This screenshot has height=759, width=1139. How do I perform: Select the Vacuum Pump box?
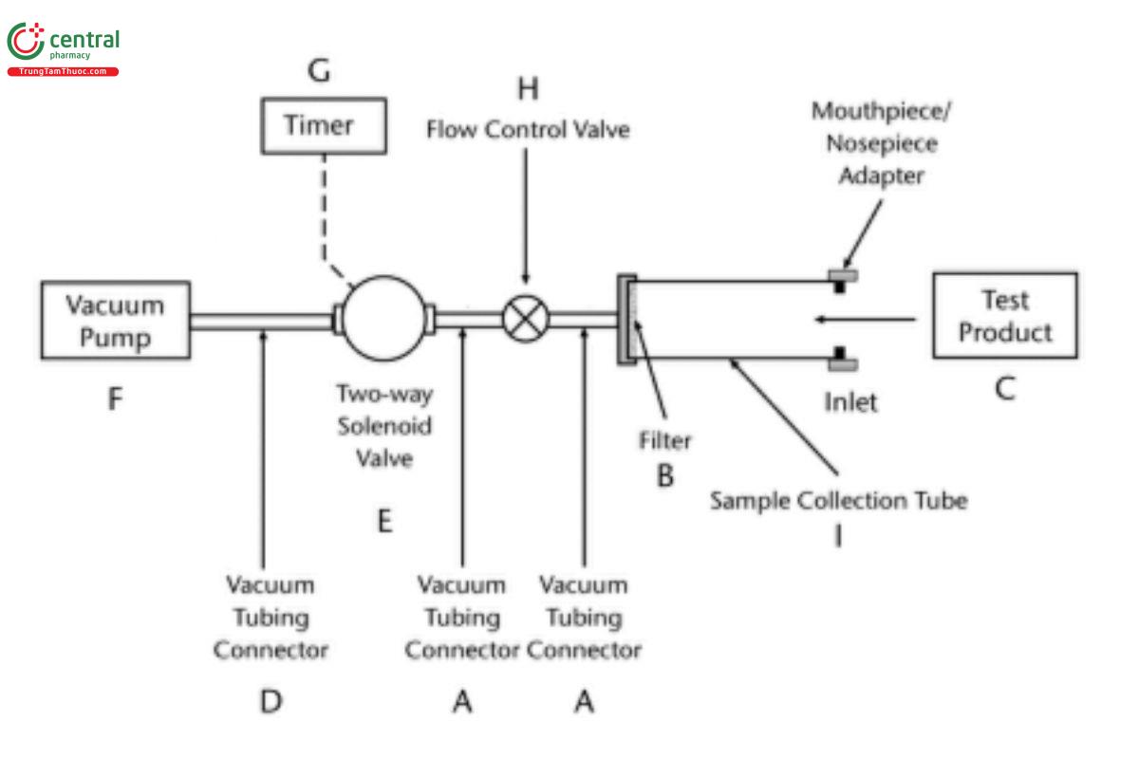[115, 321]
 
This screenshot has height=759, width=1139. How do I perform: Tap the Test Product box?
[1005, 316]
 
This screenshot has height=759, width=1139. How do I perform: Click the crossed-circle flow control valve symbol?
[522, 320]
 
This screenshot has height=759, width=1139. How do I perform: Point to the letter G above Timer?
[320, 72]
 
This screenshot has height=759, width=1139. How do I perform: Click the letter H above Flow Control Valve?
[528, 89]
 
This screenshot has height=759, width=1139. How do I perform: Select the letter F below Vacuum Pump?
[115, 399]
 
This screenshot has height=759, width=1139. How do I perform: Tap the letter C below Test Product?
[1004, 389]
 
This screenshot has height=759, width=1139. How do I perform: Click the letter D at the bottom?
[271, 702]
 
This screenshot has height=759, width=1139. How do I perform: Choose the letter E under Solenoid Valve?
[384, 521]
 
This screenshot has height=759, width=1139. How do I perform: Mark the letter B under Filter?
[665, 475]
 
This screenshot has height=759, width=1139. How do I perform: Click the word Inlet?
[850, 402]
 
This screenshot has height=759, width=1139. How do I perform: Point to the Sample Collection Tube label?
[839, 500]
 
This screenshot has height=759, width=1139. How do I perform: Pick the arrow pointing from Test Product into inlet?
[864, 320]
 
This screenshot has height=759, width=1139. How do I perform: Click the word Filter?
[664, 440]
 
